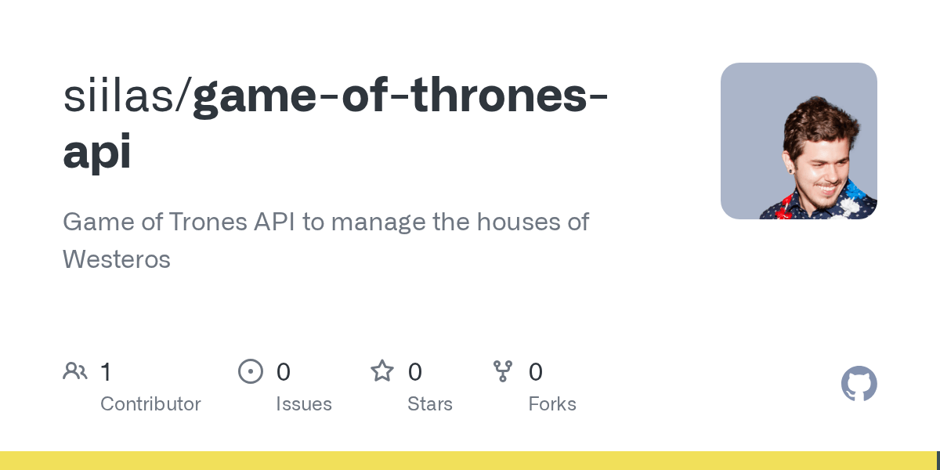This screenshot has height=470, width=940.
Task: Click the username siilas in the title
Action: (x=119, y=96)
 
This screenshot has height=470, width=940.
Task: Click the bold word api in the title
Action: (x=97, y=151)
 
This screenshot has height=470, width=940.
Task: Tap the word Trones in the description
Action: (x=208, y=222)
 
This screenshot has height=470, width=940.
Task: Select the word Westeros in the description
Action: (x=117, y=259)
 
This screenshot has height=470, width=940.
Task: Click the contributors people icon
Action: (x=75, y=371)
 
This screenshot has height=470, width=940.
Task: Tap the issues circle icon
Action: (x=251, y=371)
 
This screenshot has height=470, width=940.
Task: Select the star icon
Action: (x=382, y=371)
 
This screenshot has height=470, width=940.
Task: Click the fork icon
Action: (x=503, y=371)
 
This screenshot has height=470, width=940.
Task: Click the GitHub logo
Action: (x=859, y=384)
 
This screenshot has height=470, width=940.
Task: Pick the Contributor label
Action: (x=150, y=404)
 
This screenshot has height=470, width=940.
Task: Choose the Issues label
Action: (x=304, y=404)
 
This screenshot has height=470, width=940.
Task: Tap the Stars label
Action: (x=430, y=404)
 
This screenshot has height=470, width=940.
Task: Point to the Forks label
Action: (x=552, y=404)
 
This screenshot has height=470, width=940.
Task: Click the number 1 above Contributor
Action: (x=107, y=372)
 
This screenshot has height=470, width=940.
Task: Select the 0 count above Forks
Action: (x=536, y=372)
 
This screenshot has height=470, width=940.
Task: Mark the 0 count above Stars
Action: (x=414, y=372)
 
